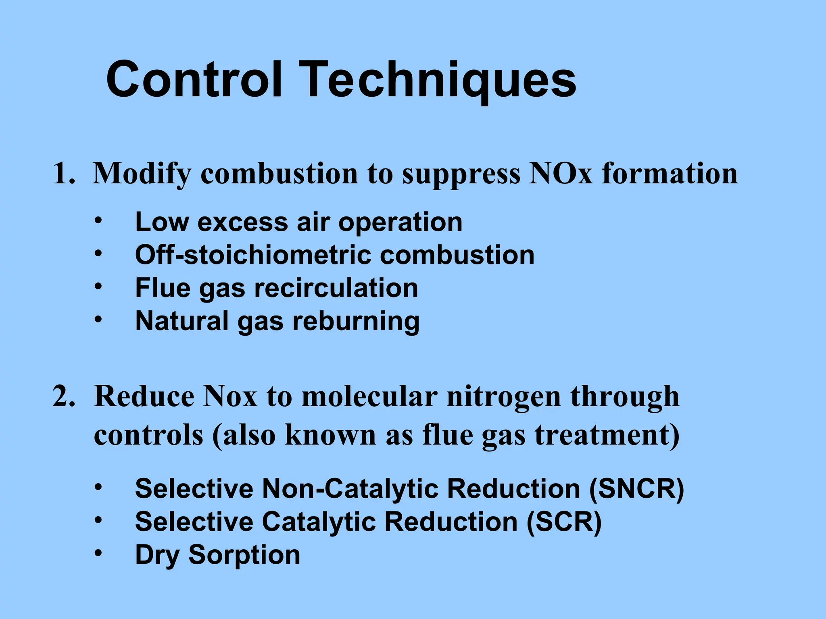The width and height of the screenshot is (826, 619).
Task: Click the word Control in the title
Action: coord(194,79)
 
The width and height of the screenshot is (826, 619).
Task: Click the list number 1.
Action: coord(64,174)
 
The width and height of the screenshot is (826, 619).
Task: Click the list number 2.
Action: coord(64,397)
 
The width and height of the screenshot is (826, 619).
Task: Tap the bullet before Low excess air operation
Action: coord(98,221)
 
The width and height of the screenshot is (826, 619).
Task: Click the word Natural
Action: coord(181,321)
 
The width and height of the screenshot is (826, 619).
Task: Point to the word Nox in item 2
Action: coord(230,397)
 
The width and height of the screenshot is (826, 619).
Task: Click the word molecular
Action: coord(369,397)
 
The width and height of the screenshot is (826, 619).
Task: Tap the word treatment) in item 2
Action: coord(607,435)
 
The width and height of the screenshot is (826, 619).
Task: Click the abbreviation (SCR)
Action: coord(564,522)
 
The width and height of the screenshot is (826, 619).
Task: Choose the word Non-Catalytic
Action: coord(350,489)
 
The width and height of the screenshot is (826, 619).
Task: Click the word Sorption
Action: coord(244,555)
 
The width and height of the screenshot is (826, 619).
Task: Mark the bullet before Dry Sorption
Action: coord(98,554)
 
